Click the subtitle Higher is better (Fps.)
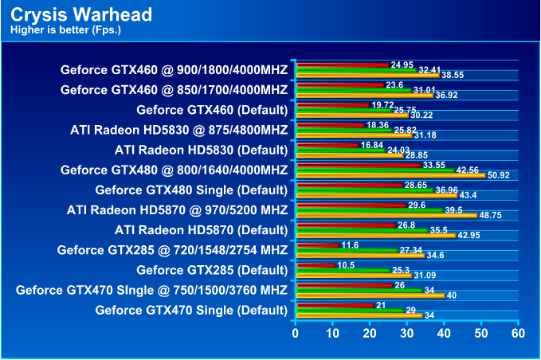[x=65, y=31]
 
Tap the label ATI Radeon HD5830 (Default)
[x=201, y=149]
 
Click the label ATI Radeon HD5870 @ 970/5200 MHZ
[x=177, y=209]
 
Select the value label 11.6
[x=350, y=245]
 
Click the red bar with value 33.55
[x=358, y=165]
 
